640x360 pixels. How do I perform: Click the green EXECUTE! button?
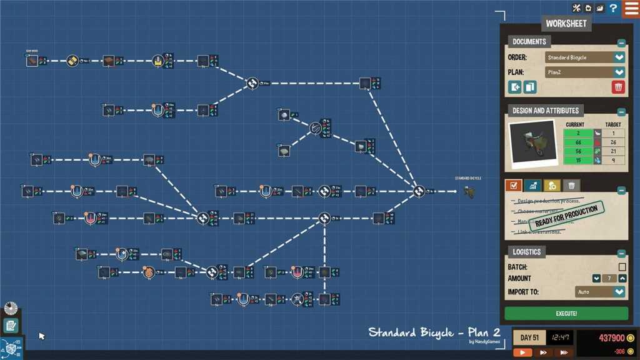[566, 313]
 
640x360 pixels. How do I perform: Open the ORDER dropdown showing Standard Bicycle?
[585, 57]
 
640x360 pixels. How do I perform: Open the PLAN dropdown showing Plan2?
[585, 72]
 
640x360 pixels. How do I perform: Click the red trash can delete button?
[618, 87]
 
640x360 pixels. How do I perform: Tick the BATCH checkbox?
[622, 267]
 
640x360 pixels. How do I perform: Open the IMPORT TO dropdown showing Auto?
[600, 292]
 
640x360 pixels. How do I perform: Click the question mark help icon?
[614, 8]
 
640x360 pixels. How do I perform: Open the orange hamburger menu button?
[631, 9]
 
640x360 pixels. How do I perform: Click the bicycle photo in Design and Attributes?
[533, 144]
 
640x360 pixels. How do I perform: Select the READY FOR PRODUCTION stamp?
[566, 216]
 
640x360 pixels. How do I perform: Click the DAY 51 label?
[529, 338]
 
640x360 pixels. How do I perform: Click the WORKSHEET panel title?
[566, 24]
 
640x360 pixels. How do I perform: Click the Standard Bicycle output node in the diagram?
[469, 191]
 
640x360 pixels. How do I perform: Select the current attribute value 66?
[579, 142]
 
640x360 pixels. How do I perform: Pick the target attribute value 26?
[613, 142]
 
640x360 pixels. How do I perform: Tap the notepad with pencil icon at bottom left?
[11, 326]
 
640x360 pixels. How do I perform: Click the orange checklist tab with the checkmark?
[513, 186]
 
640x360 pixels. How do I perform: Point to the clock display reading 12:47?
[559, 338]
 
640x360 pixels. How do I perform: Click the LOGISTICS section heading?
[526, 252]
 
